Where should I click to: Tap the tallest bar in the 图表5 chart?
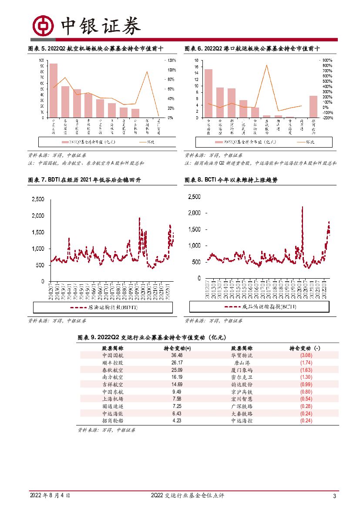(x=54, y=91)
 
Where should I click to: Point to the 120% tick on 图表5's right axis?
(x=171, y=60)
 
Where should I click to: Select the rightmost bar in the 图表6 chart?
(x=313, y=107)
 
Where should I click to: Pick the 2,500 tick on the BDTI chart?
(x=37, y=199)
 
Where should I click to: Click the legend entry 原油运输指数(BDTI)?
(x=103, y=307)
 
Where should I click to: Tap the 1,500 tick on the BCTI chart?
(x=194, y=229)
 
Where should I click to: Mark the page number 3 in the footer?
(x=334, y=496)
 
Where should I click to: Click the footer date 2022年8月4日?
(x=50, y=496)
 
